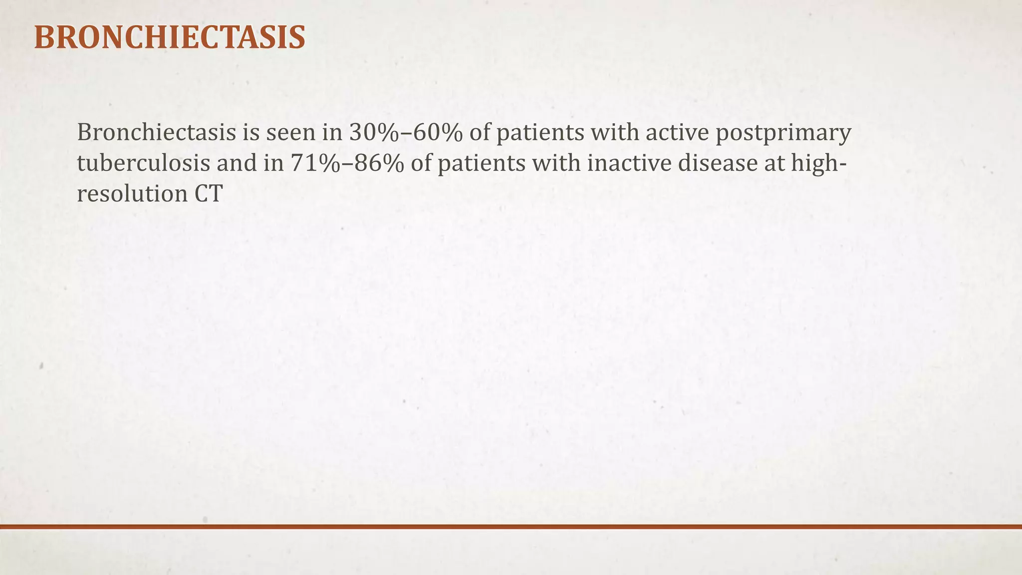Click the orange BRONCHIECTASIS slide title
(169, 37)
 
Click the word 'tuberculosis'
(143, 164)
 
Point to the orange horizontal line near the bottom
(511, 527)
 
